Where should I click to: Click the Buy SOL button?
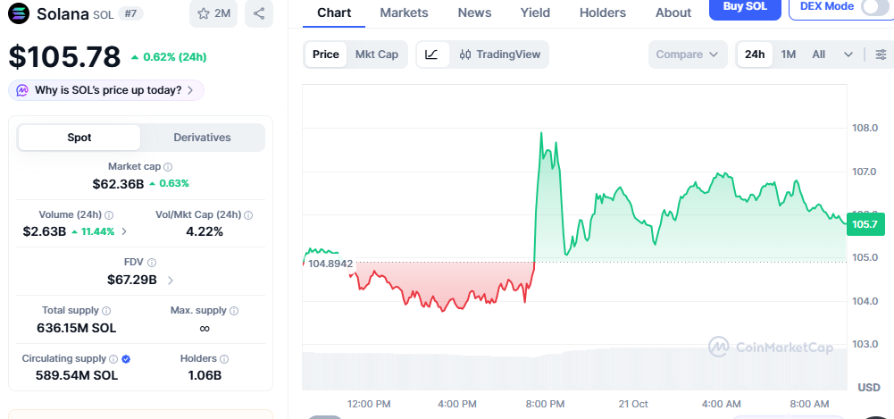745,8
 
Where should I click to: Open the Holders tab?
603,13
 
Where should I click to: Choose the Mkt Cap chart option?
377,54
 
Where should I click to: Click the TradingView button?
499,54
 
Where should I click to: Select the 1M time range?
788,54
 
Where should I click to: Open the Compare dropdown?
688,54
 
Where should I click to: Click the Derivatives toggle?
203,138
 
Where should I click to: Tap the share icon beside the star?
259,13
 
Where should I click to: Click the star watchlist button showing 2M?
213,13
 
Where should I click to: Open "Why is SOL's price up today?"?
106,90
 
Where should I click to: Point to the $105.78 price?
64,56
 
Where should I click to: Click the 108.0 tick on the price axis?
865,128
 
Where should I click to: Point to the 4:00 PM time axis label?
456,404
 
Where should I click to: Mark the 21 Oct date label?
633,404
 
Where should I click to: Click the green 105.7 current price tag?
865,224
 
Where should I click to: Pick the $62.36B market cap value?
118,183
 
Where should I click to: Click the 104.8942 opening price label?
330,264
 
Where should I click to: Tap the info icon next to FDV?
152,263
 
